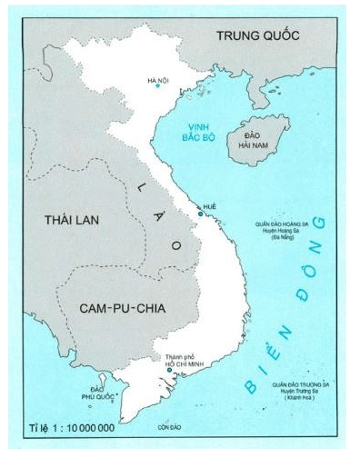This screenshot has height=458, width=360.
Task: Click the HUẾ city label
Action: pyautogui.click(x=212, y=206)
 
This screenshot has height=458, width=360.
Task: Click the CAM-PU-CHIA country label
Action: pyautogui.click(x=105, y=308)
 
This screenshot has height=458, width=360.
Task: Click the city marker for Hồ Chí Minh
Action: pyautogui.click(x=169, y=370)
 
